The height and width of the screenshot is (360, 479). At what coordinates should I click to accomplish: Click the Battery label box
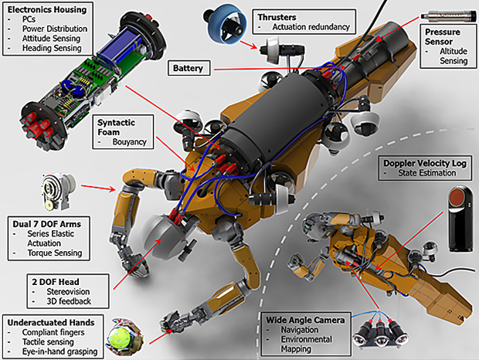188,68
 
